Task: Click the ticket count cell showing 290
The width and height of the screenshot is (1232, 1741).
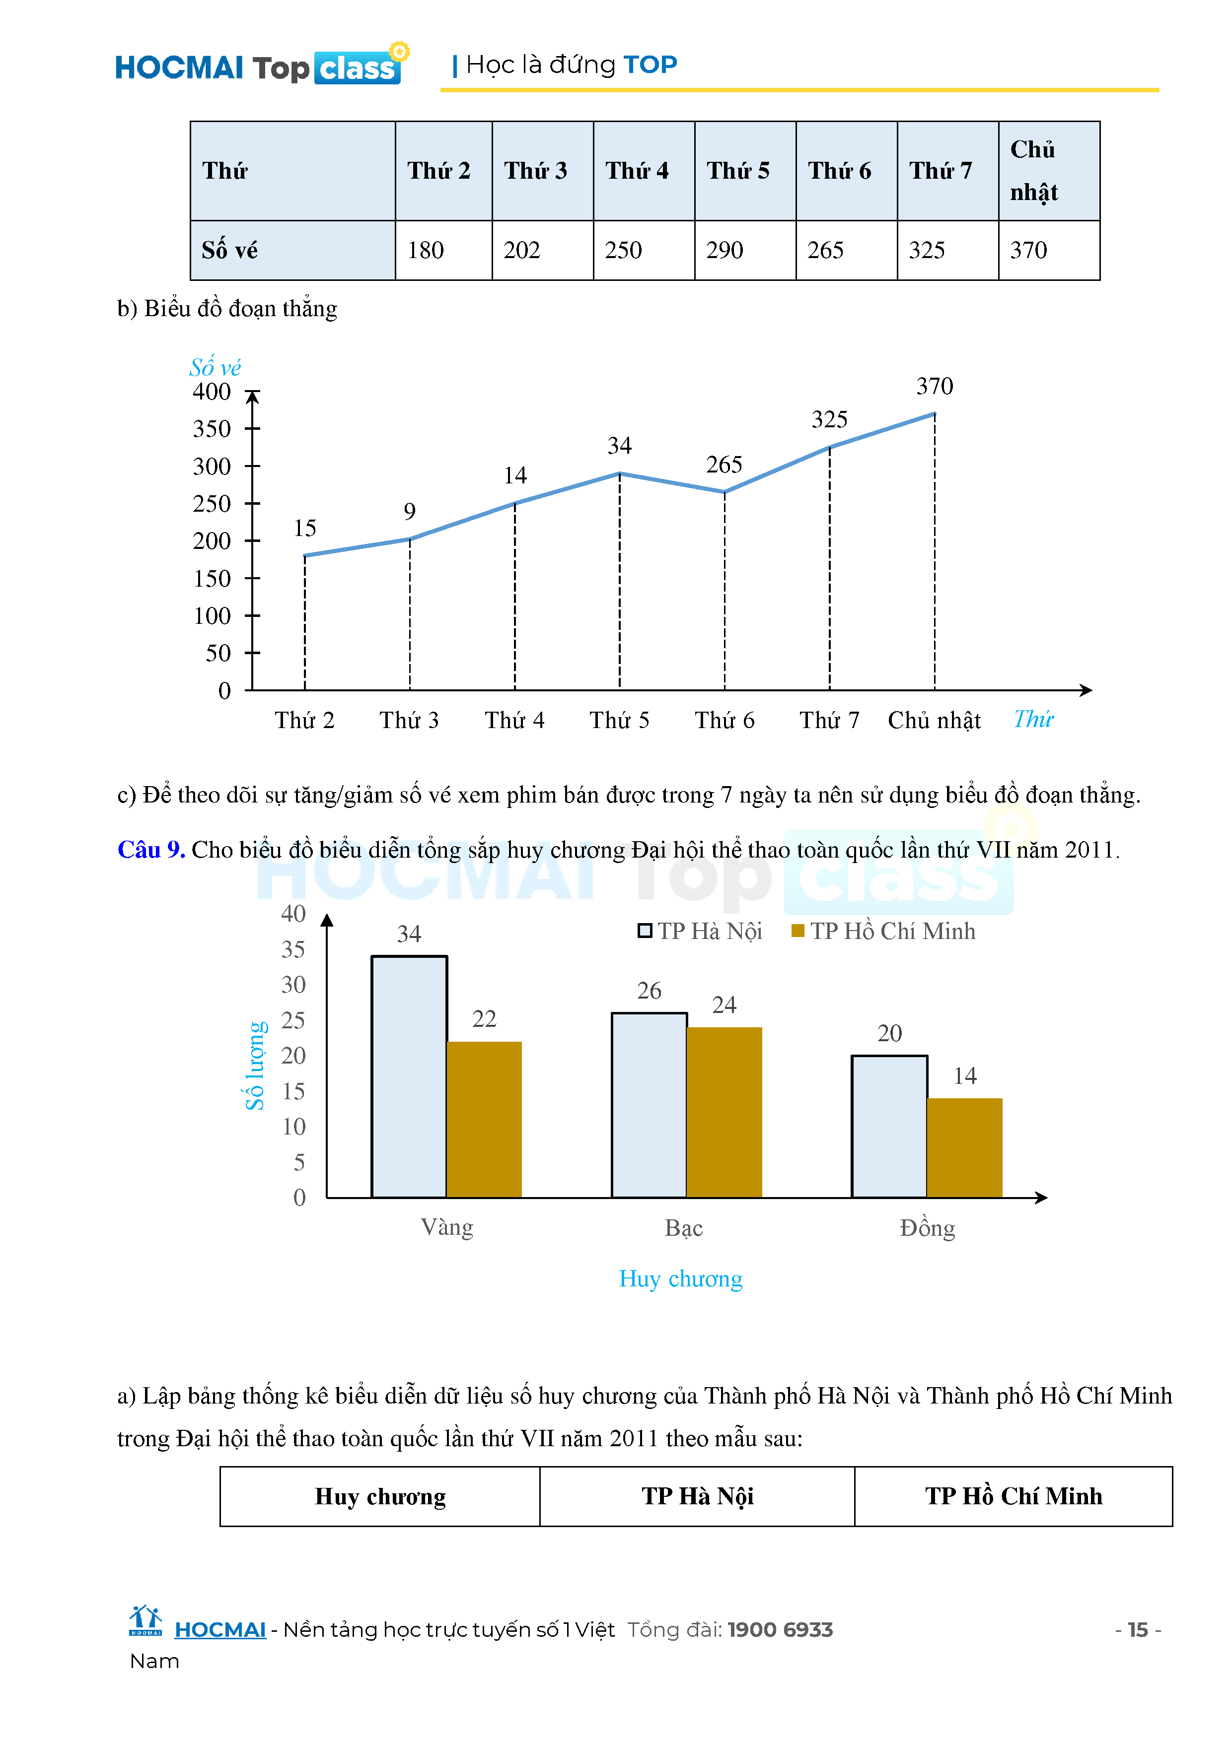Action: coord(725,250)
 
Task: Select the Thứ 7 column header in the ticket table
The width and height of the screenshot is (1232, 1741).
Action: coord(941,171)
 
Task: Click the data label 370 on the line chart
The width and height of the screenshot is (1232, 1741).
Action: coord(934,387)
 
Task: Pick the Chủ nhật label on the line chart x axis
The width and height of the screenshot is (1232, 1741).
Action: coord(934,720)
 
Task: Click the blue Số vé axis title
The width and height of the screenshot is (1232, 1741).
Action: coord(215,368)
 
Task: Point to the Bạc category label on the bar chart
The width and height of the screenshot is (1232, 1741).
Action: coord(683,1228)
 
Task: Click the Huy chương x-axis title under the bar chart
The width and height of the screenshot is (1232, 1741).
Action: coord(680,1279)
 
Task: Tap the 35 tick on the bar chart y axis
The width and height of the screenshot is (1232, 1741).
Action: coord(293,949)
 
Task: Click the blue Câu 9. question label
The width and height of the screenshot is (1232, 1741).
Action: coord(151,850)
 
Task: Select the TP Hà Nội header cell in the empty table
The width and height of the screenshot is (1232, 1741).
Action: coord(697,1496)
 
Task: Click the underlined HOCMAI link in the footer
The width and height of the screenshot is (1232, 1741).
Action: coord(220,1629)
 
